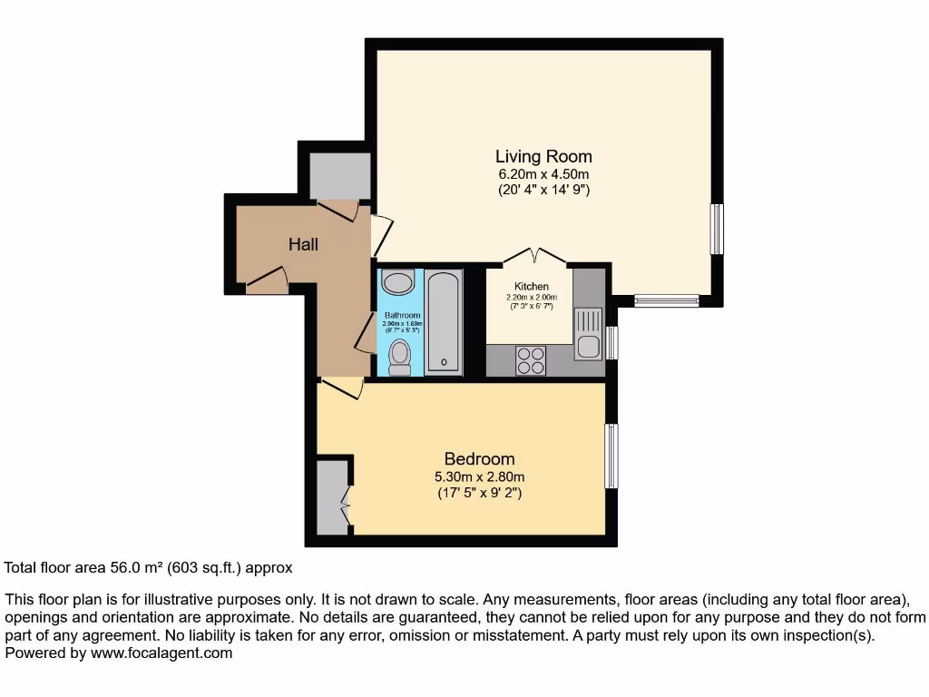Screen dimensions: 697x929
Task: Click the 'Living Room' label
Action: tap(543, 156)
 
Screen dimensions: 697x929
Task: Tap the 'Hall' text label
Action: tap(303, 244)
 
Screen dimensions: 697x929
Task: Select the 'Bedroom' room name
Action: tap(479, 459)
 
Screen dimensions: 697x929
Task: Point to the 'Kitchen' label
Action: tap(532, 287)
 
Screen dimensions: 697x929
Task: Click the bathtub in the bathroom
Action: tap(444, 322)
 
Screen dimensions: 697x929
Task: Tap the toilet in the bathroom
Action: tap(398, 357)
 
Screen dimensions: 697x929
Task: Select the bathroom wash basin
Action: tap(396, 280)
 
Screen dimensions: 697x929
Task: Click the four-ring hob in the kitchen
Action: tap(530, 360)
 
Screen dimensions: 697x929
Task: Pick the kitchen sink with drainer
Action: tap(587, 334)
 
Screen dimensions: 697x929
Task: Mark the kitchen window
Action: tap(612, 342)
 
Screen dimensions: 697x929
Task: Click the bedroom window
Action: tap(612, 456)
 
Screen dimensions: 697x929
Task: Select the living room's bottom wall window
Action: tap(667, 300)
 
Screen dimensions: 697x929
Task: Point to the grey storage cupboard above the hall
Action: tap(339, 176)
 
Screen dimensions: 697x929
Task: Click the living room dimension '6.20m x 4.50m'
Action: tap(543, 174)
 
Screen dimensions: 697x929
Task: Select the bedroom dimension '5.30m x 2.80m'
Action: tap(479, 477)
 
